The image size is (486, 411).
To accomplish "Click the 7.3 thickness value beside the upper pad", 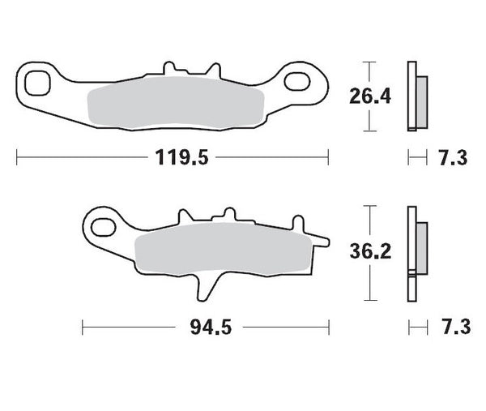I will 453,158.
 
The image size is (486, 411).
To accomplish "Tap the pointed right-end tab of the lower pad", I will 322,239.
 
